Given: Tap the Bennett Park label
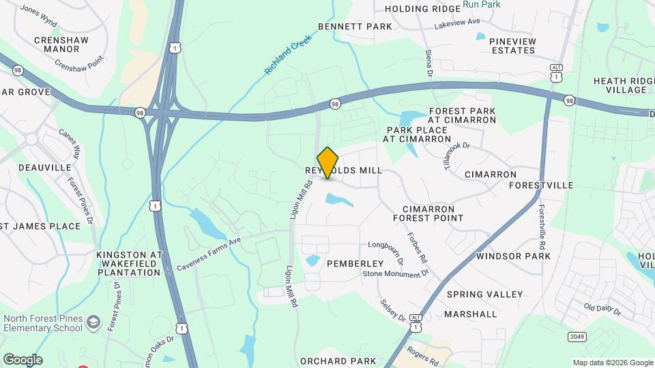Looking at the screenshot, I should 355,27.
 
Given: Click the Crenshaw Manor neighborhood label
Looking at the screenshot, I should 66,44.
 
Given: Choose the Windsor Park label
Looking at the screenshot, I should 513,256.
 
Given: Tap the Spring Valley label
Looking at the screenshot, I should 484,294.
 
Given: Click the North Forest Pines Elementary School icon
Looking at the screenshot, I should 93,320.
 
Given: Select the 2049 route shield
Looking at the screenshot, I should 577,337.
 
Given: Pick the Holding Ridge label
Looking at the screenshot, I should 418,9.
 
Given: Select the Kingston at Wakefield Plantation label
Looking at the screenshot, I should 128,263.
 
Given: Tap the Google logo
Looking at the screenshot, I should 23,360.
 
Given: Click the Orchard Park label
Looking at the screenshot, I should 338,361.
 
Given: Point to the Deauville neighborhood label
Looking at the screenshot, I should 45,167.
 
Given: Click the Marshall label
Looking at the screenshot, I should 470,314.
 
